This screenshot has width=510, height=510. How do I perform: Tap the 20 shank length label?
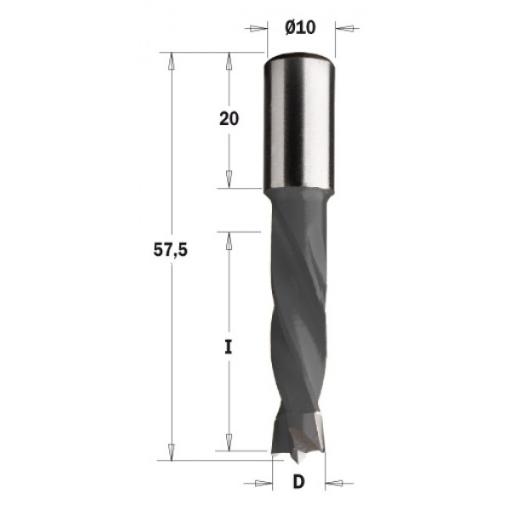[228, 119]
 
